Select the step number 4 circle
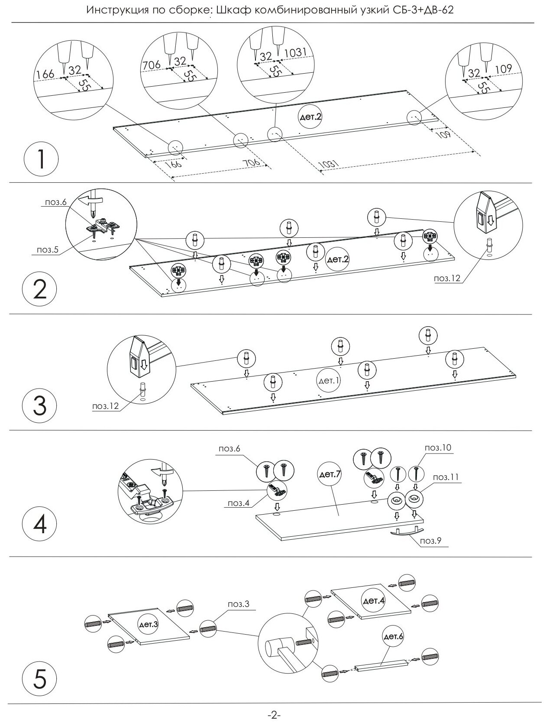(x=40, y=524)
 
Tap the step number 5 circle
(x=40, y=678)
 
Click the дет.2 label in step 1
(x=310, y=117)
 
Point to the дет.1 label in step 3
(x=330, y=380)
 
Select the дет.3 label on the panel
(x=149, y=625)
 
